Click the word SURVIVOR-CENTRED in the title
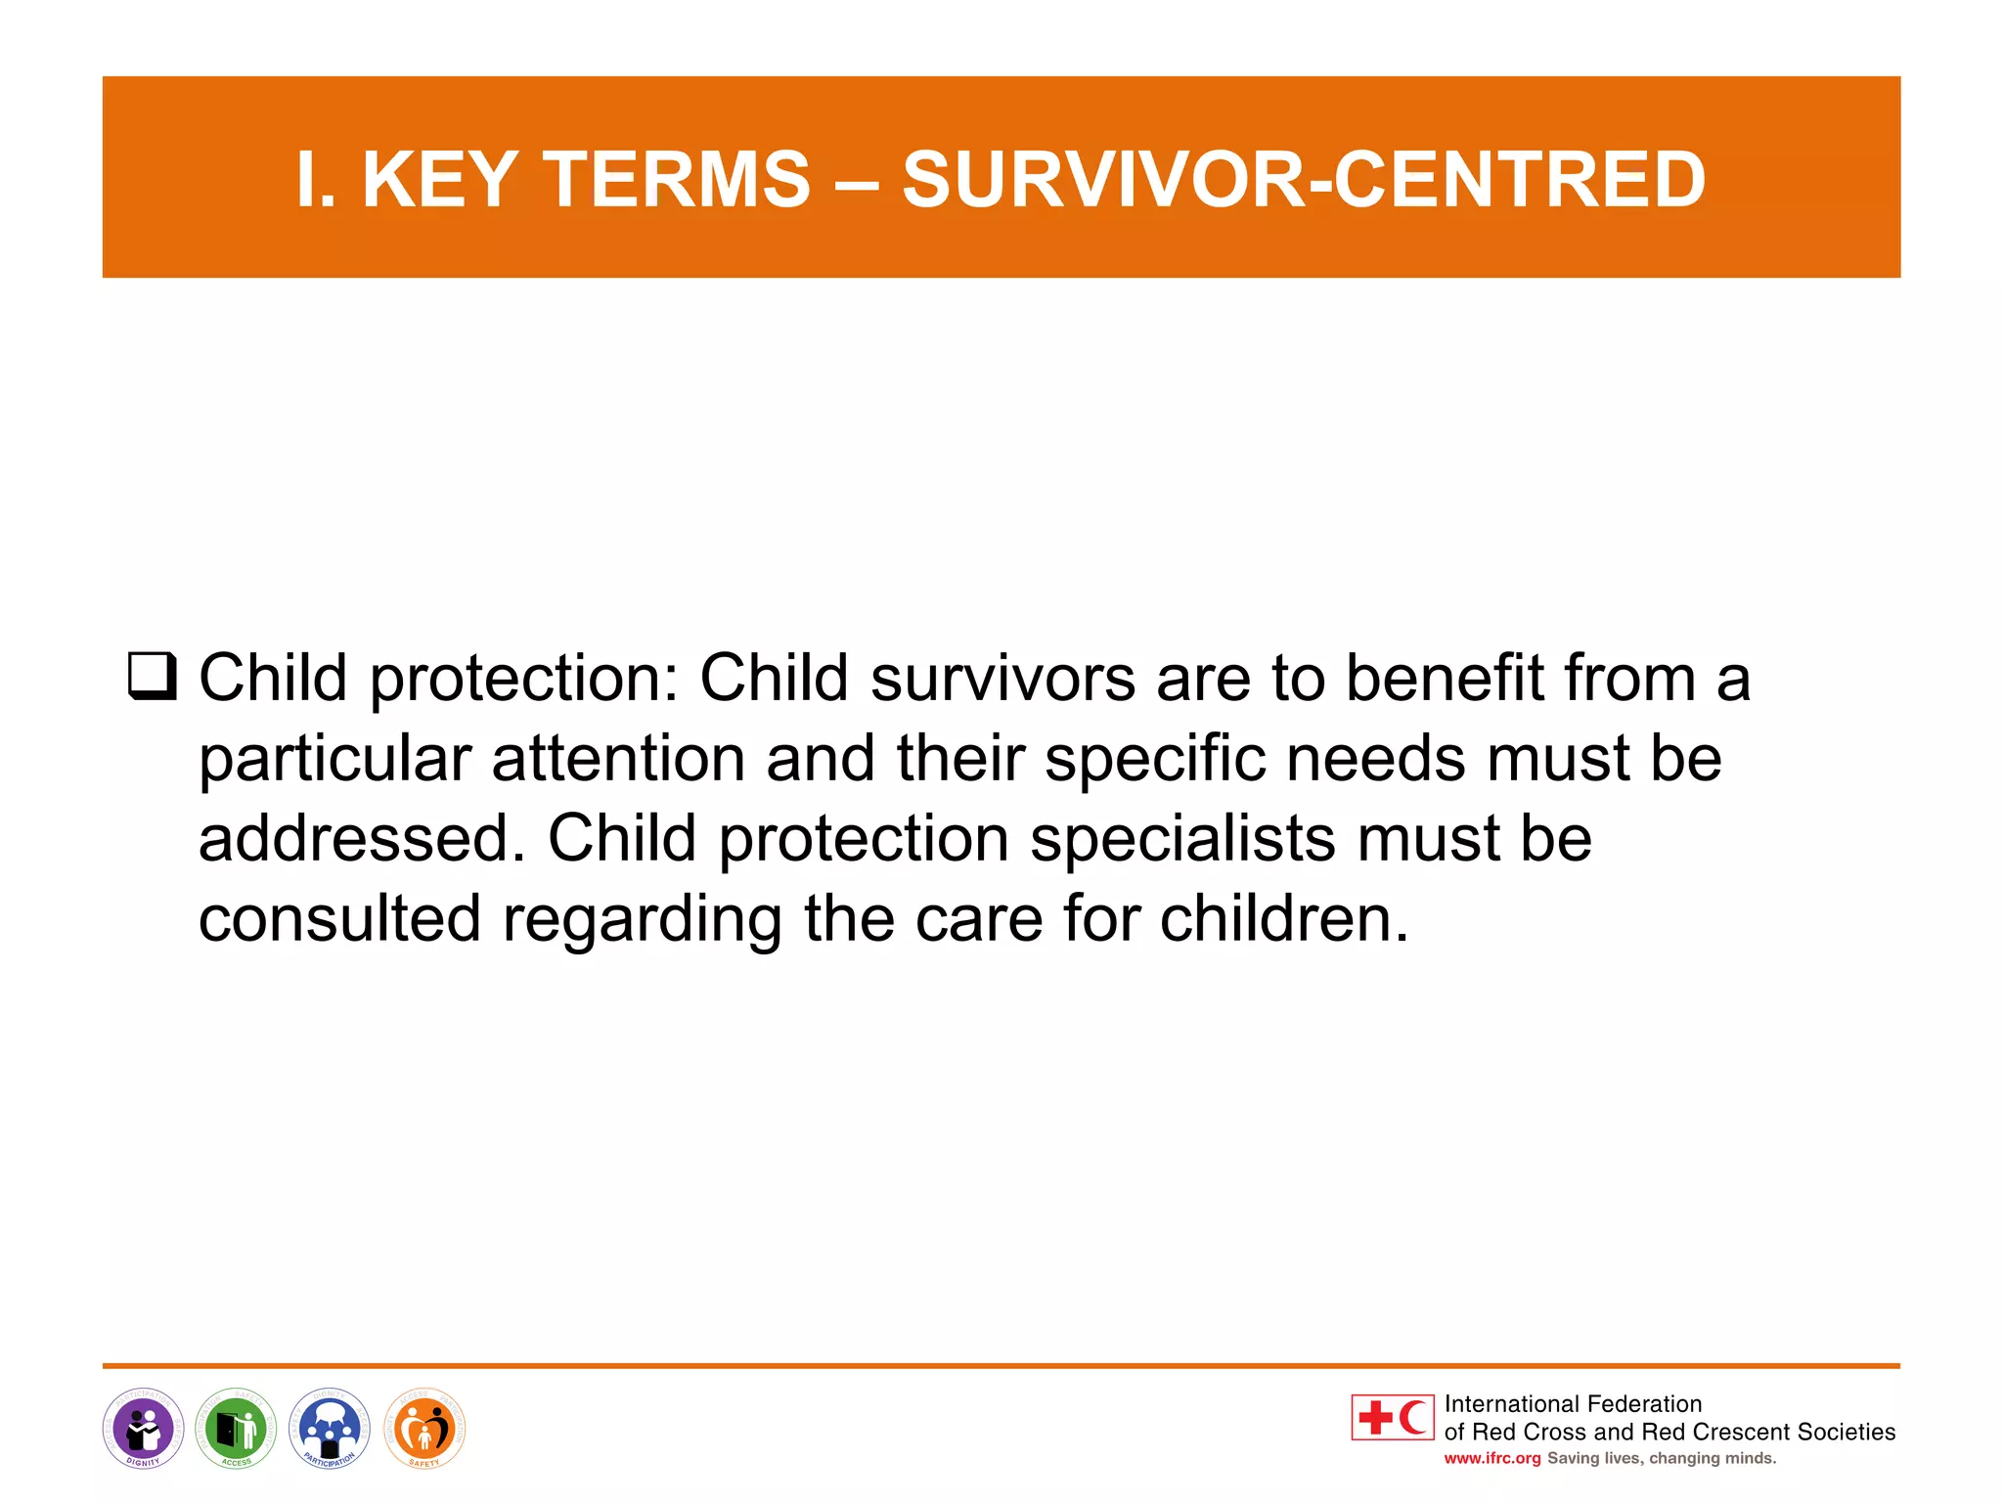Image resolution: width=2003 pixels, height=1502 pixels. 1303,180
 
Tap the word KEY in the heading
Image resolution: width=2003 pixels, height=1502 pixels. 439,180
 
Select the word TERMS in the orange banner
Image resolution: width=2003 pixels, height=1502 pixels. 676,180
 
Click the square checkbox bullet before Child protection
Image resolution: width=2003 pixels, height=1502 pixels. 153,677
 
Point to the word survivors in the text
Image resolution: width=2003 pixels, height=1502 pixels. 1002,678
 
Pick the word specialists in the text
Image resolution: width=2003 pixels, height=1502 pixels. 1182,839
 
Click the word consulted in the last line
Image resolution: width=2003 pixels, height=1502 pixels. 339,919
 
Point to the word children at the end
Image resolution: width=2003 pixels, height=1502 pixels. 1283,919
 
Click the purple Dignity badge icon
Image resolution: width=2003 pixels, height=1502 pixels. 144,1429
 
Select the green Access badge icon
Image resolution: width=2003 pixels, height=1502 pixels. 237,1429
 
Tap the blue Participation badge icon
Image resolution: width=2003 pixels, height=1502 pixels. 330,1429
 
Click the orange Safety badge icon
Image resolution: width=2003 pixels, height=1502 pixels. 424,1429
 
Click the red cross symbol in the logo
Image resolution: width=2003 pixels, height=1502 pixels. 1375,1418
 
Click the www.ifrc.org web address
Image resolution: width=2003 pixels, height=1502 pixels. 1491,1458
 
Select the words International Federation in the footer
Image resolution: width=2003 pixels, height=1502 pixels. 1573,1404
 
